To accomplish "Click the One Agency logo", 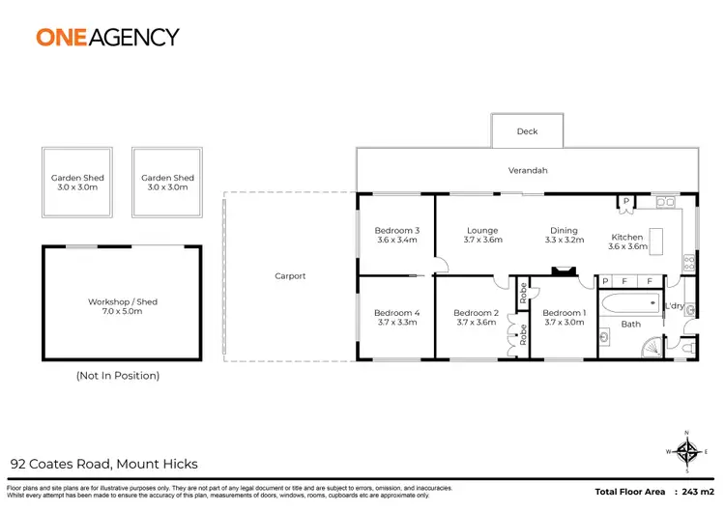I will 107,37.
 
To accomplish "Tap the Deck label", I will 527,131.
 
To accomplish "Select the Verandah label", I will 528,171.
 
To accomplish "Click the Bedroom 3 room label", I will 396,230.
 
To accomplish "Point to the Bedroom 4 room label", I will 396,313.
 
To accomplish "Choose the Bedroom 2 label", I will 476,313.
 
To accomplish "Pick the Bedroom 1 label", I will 564,313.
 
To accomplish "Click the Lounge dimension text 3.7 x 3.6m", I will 482,241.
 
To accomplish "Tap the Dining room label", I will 564,231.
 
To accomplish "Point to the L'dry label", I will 674,306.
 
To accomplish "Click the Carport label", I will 290,276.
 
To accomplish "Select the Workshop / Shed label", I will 122,302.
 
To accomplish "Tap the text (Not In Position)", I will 117,375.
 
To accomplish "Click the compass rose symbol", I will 687,450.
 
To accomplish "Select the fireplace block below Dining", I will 563,273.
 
